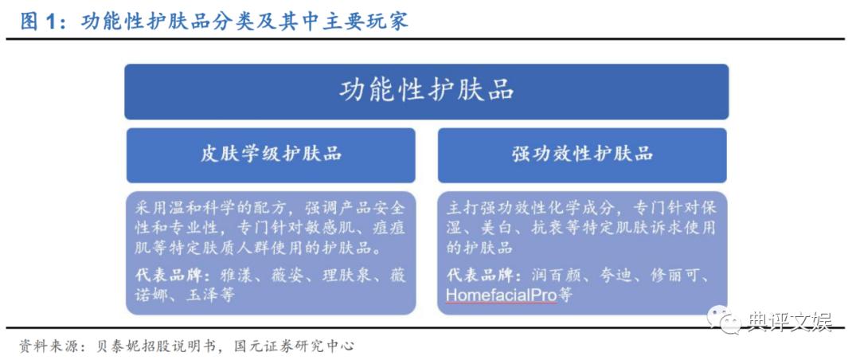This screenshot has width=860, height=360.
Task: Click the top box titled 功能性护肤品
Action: click(426, 91)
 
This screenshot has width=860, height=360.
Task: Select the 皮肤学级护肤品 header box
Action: click(271, 155)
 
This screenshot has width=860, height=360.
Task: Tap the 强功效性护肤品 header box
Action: click(582, 155)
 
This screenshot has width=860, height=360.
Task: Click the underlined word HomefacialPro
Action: click(501, 295)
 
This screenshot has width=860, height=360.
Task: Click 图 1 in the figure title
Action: click(37, 21)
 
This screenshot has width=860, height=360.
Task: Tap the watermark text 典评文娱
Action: click(788, 322)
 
